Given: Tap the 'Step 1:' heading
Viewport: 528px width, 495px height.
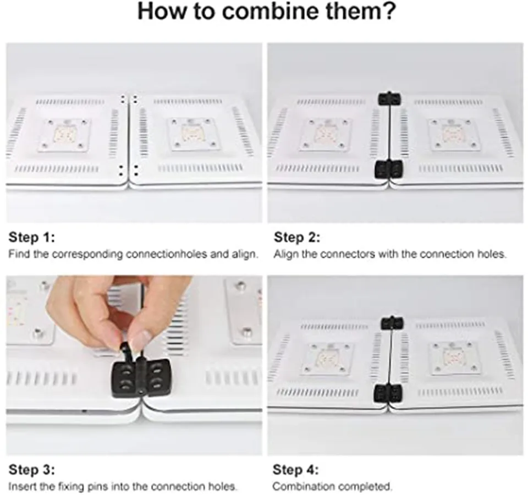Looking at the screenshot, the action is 32,237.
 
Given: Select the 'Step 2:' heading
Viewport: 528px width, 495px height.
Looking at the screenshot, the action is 297,237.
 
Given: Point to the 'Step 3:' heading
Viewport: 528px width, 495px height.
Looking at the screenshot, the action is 32,469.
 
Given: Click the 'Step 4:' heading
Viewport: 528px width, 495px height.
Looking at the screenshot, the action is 296,469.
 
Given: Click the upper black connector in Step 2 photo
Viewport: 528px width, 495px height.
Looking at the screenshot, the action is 389,98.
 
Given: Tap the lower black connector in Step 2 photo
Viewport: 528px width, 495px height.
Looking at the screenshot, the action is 389,169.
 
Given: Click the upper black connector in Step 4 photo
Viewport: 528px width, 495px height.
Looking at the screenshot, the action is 392,323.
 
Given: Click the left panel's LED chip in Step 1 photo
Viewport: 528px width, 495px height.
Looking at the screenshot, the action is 64,133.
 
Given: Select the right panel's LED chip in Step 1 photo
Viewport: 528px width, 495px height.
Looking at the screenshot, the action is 191,133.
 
